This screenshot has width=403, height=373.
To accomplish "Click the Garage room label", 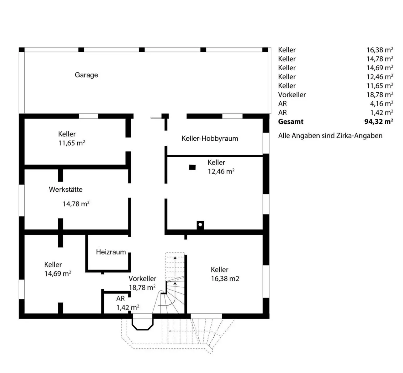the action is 86,75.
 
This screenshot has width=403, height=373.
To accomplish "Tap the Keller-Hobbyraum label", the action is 210,139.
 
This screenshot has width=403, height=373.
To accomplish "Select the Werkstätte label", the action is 66,190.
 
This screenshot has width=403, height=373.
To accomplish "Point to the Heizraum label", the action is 111,252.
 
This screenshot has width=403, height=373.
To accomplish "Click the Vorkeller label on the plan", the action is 142,279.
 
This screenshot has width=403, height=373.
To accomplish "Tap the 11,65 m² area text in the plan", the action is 72,143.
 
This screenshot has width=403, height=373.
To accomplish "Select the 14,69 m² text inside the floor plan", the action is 58,274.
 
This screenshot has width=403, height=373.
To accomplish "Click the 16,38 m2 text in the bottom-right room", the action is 225,279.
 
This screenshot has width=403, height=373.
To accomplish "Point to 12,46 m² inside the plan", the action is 221,171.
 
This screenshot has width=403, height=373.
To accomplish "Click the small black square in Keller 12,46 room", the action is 192,167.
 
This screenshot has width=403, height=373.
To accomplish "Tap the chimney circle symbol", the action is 200,224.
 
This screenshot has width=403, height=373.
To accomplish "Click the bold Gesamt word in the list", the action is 291,122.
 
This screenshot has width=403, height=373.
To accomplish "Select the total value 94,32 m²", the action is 379,122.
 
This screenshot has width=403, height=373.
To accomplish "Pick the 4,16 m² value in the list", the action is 381,104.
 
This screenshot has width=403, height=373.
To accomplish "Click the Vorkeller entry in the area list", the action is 292,95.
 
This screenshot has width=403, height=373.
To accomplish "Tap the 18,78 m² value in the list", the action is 380,95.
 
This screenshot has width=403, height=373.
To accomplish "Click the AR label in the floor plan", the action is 120,298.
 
